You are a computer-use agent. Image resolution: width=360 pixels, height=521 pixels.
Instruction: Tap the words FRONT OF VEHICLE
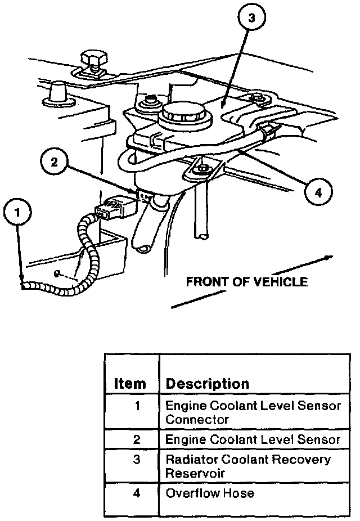247,281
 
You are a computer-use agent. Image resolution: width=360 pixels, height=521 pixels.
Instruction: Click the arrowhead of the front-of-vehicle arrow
329,258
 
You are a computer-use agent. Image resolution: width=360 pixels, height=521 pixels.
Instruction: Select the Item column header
130,384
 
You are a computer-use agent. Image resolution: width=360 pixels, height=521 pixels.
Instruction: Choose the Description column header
207,384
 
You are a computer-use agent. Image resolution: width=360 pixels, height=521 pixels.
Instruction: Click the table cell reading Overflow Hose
209,493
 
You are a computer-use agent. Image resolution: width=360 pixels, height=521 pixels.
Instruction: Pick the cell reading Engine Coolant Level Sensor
253,439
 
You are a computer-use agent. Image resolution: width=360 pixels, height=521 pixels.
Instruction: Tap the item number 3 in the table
136,460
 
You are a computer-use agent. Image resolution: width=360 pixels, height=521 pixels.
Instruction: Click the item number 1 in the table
136,406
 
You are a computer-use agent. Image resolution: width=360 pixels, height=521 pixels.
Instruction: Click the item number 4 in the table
136,493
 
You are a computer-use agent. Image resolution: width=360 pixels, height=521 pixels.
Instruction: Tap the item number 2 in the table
136,439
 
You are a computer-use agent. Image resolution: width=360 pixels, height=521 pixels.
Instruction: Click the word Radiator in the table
187,460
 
